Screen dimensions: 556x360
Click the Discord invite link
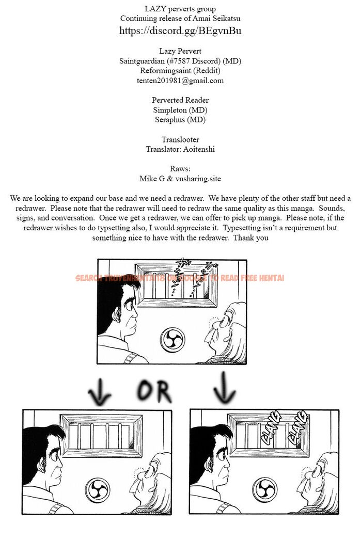pyautogui.click(x=180, y=31)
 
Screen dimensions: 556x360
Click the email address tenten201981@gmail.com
pyautogui.click(x=180, y=81)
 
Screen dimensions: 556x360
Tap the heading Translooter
pyautogui.click(x=180, y=139)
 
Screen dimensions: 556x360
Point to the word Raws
pyautogui.click(x=180, y=169)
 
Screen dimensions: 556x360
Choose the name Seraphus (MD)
pyautogui.click(x=180, y=120)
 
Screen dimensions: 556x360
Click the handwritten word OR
pyautogui.click(x=154, y=391)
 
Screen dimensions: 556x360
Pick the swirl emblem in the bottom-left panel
pyautogui.click(x=97, y=488)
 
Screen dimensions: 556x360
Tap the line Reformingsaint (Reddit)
pyautogui.click(x=180, y=71)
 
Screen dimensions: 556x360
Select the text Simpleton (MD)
pyautogui.click(x=180, y=110)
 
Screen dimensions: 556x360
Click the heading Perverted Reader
pyautogui.click(x=180, y=100)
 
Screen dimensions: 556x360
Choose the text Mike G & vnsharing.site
pyautogui.click(x=180, y=179)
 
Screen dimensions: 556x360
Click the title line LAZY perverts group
pyautogui.click(x=180, y=9)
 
